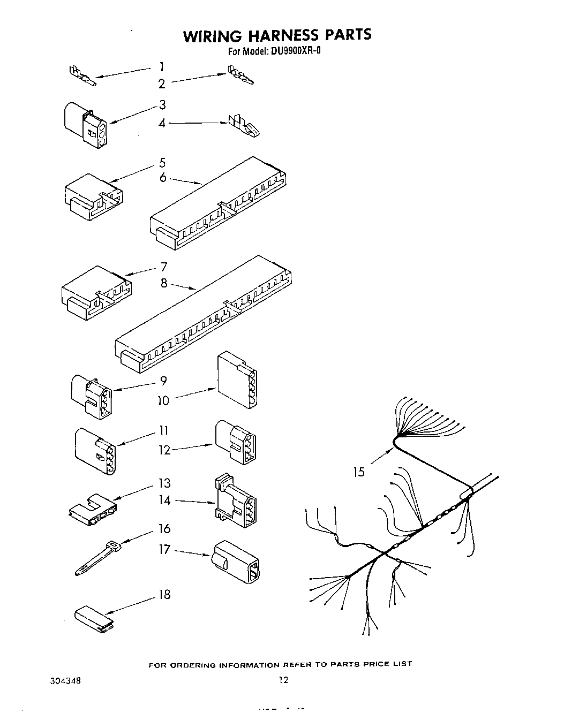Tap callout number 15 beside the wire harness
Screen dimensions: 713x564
click(358, 472)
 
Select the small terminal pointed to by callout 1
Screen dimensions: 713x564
click(81, 77)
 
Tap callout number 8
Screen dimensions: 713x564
click(164, 283)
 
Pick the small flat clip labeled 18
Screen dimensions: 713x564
click(94, 616)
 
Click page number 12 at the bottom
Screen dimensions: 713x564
click(283, 680)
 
